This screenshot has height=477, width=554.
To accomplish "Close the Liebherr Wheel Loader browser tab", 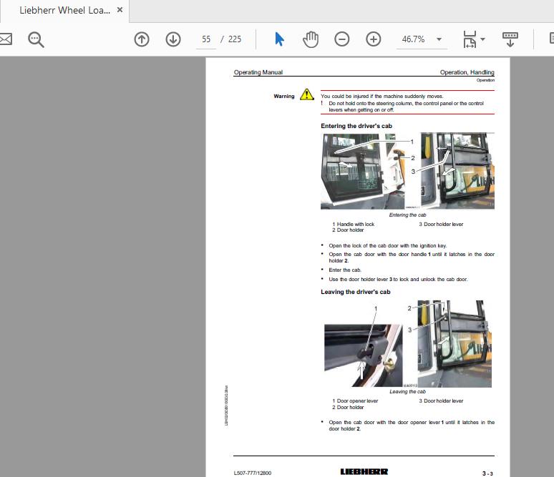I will [120, 11].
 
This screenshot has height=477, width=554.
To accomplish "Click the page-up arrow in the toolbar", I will [142, 39].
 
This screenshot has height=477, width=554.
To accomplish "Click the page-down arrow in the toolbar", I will [173, 39].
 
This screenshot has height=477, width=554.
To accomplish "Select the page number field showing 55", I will [207, 39].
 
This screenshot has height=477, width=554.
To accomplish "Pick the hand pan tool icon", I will [311, 39].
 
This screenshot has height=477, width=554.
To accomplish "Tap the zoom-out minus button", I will [342, 39].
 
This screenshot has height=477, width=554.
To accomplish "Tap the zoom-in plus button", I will [374, 39].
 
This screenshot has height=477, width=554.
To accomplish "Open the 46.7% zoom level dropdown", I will [439, 39].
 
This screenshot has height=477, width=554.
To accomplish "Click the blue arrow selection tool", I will [279, 39].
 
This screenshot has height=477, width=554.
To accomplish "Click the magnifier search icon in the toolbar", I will [36, 39].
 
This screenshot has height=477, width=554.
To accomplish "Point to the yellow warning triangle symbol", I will [307, 94].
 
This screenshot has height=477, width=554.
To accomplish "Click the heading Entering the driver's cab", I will [356, 126].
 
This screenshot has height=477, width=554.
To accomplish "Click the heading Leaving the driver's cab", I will [356, 292].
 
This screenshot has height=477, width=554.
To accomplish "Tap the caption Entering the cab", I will [407, 215].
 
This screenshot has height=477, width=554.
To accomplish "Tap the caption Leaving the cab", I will [407, 392].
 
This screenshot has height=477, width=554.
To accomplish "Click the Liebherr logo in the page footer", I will [364, 472].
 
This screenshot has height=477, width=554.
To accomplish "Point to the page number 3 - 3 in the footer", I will [487, 473].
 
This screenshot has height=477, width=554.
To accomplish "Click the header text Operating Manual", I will [258, 72].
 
